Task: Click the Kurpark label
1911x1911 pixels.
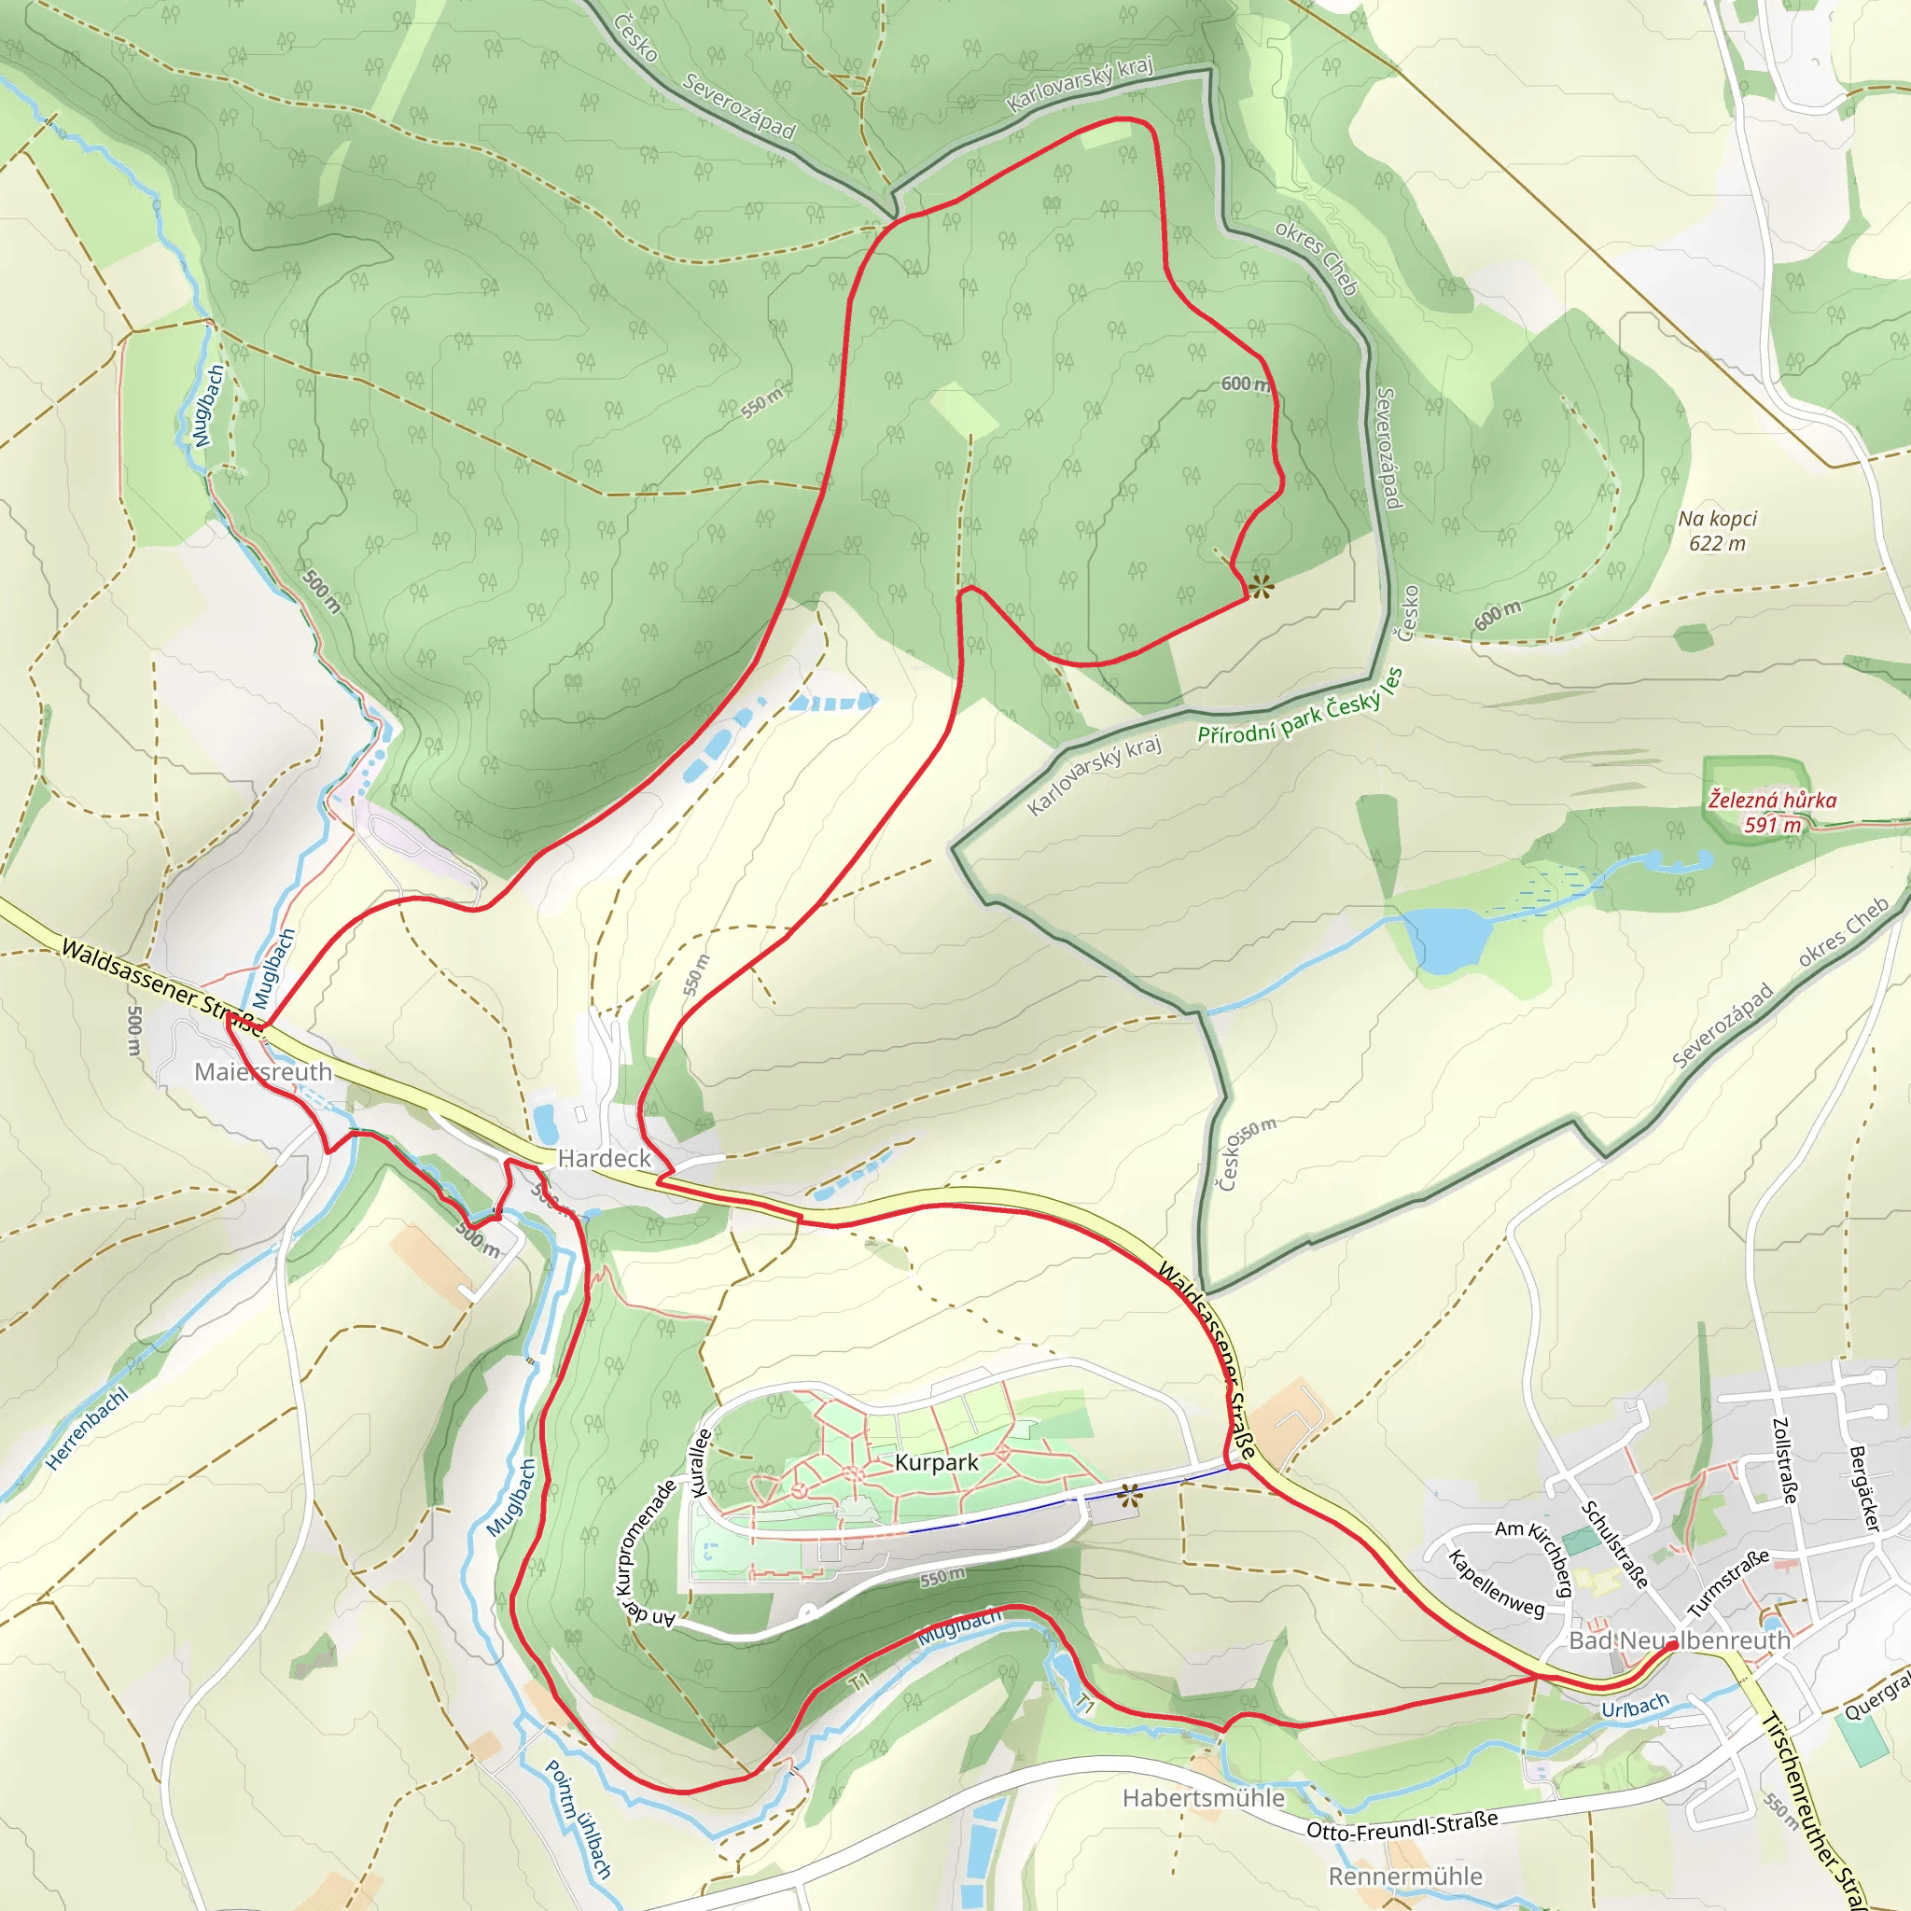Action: point(936,1462)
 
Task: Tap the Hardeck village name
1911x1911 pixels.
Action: point(605,1158)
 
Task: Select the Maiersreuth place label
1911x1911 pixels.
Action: point(263,1071)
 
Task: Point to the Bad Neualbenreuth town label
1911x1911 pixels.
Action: point(1680,1640)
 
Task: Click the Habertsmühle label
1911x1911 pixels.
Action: point(1204,1797)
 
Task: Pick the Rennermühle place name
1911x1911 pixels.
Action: point(1405,1876)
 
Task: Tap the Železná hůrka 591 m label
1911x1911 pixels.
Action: point(1772,811)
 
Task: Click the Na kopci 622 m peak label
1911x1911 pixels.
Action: point(1717,530)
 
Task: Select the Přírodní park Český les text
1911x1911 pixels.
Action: point(1300,706)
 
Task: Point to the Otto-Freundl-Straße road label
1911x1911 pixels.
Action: point(1402,1825)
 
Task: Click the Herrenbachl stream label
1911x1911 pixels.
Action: point(87,1429)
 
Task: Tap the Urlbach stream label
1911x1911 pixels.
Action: point(1635,1707)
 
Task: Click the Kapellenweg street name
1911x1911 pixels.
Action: point(1496,1583)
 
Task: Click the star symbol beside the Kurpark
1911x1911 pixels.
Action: point(1130,1497)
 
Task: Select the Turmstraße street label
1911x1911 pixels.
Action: point(1728,1583)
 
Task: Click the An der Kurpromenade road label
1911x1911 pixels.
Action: point(645,1554)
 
